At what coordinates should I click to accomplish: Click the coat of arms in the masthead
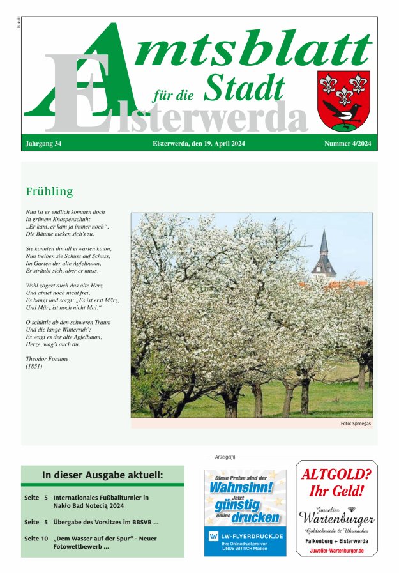(343, 100)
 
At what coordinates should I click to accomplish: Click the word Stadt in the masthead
(244, 88)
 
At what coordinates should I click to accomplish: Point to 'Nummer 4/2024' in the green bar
(347, 144)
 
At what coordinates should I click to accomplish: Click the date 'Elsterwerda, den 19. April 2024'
(200, 144)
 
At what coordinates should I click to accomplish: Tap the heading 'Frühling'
(49, 192)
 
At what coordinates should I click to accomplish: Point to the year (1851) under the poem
(33, 367)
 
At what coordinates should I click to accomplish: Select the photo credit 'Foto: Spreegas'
(354, 424)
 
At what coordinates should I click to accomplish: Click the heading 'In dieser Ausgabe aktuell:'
(102, 475)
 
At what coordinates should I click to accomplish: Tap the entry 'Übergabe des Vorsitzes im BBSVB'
(106, 522)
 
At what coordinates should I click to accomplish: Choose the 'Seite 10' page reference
(36, 539)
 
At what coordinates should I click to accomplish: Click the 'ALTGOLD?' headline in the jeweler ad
(336, 475)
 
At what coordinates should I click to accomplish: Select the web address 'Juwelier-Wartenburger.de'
(336, 550)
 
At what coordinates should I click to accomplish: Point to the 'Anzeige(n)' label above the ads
(225, 457)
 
